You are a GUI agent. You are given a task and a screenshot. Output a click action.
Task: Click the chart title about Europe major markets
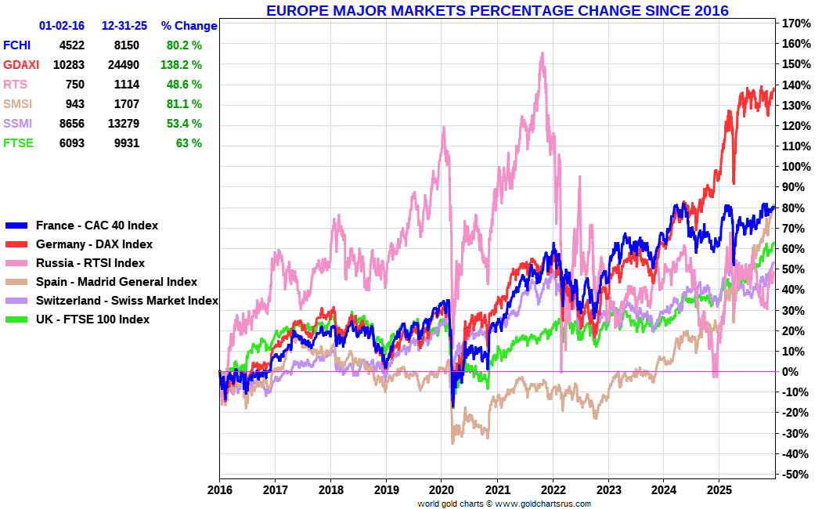pos(497,11)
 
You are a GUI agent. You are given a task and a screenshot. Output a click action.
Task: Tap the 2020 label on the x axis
pos(442,491)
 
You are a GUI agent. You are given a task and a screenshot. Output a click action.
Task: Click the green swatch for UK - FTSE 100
pos(16,319)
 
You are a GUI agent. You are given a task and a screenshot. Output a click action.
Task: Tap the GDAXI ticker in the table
pos(20,65)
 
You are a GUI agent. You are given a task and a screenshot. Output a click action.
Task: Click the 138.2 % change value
pos(185,65)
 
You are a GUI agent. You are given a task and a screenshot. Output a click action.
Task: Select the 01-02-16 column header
pos(62,26)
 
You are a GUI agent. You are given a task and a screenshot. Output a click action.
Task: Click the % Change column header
pos(189,26)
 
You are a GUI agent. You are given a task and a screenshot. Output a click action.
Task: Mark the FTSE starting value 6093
pos(70,143)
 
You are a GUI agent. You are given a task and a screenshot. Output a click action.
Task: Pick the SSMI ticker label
pos(17,124)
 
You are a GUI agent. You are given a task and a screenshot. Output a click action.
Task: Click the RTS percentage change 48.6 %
pos(185,85)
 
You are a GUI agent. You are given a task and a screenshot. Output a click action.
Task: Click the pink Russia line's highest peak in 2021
pos(542,53)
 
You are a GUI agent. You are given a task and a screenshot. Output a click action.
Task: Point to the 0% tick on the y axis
pos(791,372)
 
